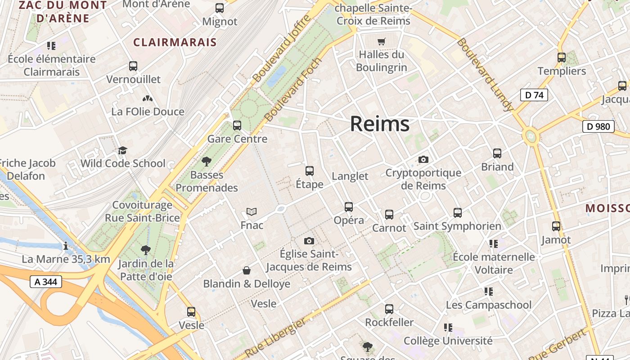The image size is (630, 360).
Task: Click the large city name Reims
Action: pyautogui.click(x=380, y=124)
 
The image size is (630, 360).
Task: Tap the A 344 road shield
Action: pyautogui.click(x=45, y=282)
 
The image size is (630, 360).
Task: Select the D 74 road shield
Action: pyautogui.click(x=534, y=95)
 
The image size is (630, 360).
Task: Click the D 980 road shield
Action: pyautogui.click(x=598, y=126)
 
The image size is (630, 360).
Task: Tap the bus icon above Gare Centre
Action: pyautogui.click(x=237, y=126)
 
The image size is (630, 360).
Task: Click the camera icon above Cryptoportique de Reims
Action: pyautogui.click(x=423, y=159)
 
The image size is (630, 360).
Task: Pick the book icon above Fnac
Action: pyautogui.click(x=252, y=211)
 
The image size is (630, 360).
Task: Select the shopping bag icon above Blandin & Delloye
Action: pyautogui.click(x=247, y=270)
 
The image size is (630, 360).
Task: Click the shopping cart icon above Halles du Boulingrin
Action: pyautogui.click(x=382, y=42)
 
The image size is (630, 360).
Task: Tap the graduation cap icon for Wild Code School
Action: pyautogui.click(x=122, y=150)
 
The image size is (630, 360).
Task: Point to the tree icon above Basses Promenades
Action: pyautogui.click(x=207, y=161)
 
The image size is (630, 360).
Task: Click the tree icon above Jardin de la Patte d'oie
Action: pyautogui.click(x=145, y=250)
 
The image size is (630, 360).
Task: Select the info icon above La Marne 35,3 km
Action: pyautogui.click(x=66, y=246)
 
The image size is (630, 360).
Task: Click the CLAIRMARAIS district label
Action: pyautogui.click(x=175, y=42)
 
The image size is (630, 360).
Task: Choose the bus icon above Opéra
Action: pyautogui.click(x=349, y=207)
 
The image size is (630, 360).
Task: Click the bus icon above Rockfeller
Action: pyautogui.click(x=389, y=309)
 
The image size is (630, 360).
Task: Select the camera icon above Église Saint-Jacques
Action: pyautogui.click(x=309, y=241)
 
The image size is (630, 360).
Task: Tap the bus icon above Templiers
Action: pyautogui.click(x=562, y=58)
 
